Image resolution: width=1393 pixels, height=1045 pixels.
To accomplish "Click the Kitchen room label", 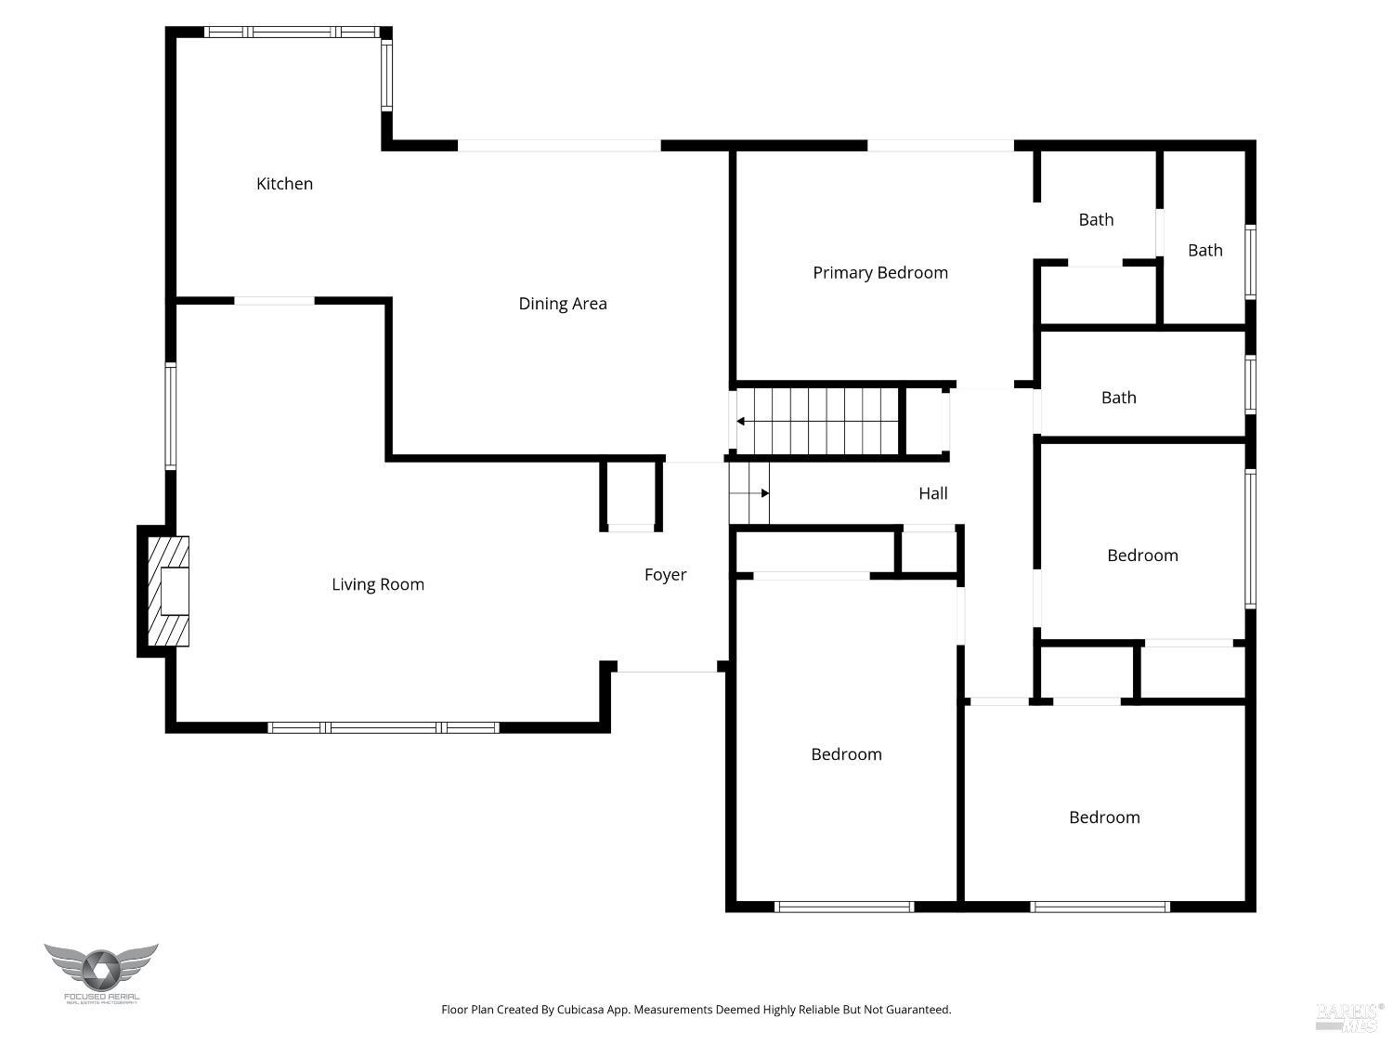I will pos(284,184).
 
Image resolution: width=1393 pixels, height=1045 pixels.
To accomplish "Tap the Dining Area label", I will pos(562,304).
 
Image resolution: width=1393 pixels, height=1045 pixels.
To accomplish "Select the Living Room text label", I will pos(378,584).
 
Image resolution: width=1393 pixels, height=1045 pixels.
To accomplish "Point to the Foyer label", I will pos(665,575).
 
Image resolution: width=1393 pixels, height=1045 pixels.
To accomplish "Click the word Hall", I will pos(932,493).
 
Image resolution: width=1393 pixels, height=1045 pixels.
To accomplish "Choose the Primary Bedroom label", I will pos(879,272).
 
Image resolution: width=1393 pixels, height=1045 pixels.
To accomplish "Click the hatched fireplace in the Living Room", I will pos(168,591).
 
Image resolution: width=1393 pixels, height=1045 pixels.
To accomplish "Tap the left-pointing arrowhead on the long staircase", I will pos(741,422).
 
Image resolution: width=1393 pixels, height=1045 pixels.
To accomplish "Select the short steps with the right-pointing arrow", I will pos(749,493).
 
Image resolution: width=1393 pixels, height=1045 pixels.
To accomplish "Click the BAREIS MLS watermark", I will pos(1348,1017).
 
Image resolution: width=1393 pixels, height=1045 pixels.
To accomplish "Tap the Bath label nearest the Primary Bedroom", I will pos(1096,220).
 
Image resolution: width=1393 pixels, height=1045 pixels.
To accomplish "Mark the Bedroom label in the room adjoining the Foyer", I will pos(846,754).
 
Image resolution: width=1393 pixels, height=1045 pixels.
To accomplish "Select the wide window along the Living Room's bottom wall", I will pos(384,727).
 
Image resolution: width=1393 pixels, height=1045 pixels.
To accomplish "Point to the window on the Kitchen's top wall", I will pos(292,33).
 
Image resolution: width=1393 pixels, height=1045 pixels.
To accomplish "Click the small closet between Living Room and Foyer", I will pos(631,494).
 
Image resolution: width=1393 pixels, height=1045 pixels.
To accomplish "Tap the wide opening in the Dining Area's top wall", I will pos(559,146).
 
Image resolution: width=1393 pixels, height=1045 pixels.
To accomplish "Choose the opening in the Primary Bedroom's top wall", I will pos(940,146).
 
